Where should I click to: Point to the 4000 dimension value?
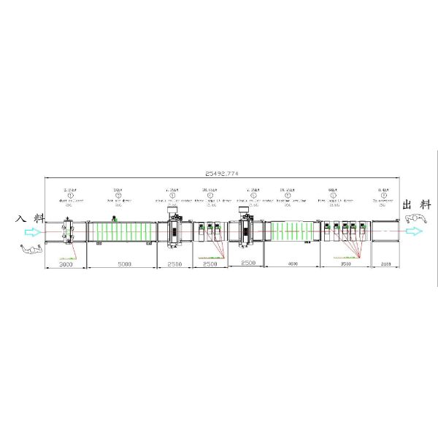[x=292, y=263]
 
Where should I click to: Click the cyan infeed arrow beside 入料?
[x=34, y=232]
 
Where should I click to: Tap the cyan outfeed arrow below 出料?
[x=413, y=231]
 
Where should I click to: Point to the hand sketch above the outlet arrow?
[x=417, y=218]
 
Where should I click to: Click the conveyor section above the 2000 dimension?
[x=384, y=232]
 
